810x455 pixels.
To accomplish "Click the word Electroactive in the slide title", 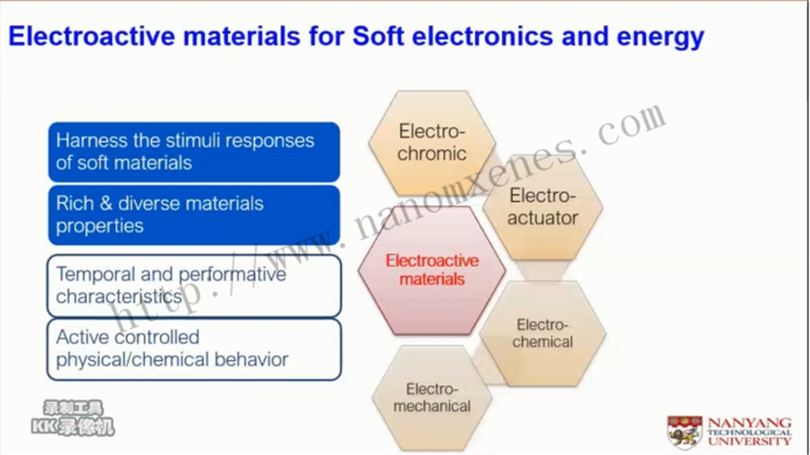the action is tap(92, 36).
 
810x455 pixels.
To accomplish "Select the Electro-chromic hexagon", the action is tap(432, 142).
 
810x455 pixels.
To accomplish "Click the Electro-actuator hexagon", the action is tap(543, 207).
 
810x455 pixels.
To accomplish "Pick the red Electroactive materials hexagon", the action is tap(432, 270).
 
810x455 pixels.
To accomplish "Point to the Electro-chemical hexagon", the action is tap(543, 333).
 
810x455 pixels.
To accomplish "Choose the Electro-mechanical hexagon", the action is tap(432, 397).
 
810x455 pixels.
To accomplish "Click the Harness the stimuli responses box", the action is tap(194, 152).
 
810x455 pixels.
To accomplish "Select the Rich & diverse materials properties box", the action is tap(194, 215).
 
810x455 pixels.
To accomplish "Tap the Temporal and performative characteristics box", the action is tap(194, 286).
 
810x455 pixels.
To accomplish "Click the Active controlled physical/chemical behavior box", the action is tap(194, 350).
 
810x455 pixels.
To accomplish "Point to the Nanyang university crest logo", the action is tap(685, 432).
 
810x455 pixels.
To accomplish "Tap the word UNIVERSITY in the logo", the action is tap(750, 441).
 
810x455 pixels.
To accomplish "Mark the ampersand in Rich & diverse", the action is tap(106, 204).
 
